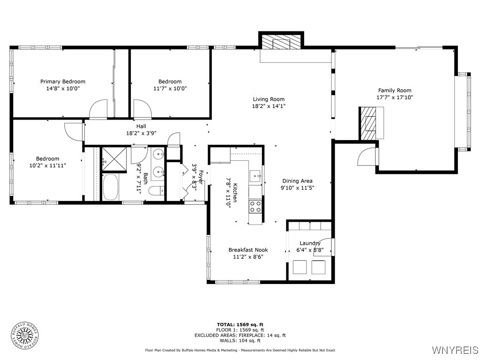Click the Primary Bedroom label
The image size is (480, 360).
pos(63,82)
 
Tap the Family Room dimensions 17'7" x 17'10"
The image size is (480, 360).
pos(395,97)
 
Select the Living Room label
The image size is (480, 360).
pos(269,99)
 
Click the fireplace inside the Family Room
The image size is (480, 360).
pos(368,123)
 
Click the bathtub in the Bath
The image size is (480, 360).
pos(111,187)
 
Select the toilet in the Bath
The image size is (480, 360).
pos(156,190)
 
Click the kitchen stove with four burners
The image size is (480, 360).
pos(255,206)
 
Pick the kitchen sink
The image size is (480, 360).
pos(256,176)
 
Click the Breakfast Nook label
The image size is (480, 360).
pos(248,250)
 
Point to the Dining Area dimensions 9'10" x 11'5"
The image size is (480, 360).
pos(298,187)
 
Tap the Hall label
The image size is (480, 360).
pos(141,126)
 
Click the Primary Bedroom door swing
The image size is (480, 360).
pos(99,110)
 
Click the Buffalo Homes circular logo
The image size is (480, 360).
pos(24,335)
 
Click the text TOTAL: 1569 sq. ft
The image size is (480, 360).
pos(240,324)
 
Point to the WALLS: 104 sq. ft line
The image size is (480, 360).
pos(240,341)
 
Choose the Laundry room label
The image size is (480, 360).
pos(310,243)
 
